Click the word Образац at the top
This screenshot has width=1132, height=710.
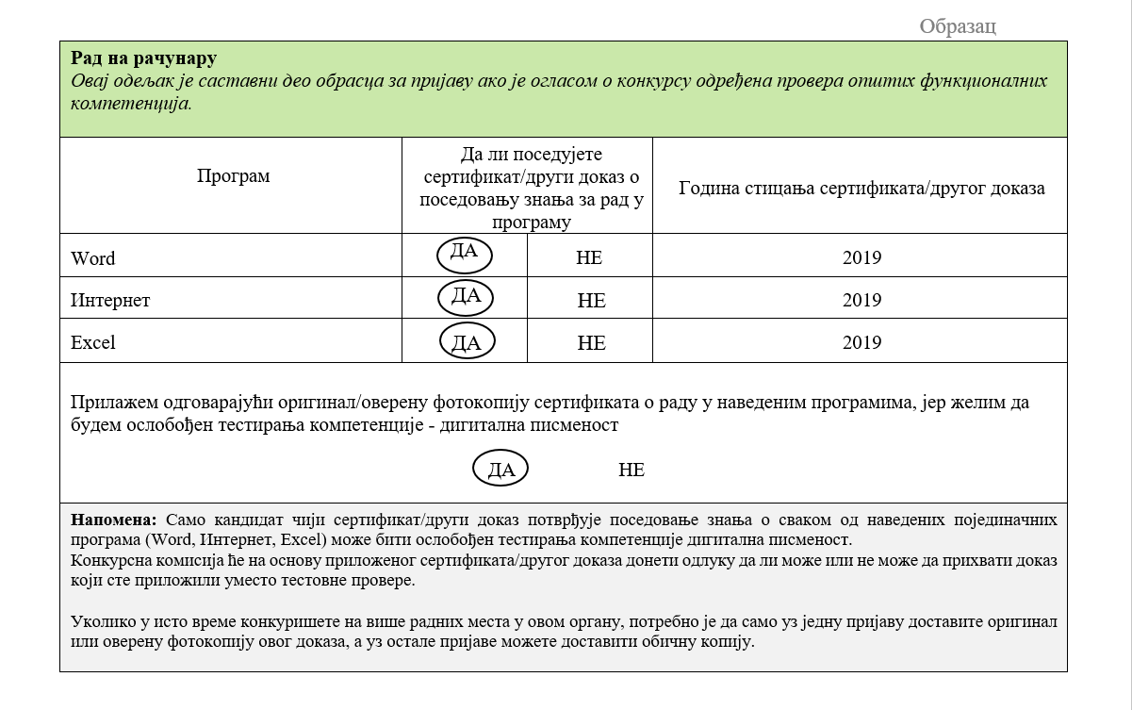957,26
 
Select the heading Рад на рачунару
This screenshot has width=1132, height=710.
143,59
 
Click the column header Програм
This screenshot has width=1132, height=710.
233,176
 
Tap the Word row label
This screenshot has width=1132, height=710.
93,258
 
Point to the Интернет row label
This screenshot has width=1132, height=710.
110,301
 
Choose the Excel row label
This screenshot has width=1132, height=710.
93,343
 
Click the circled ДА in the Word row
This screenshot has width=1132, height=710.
465,253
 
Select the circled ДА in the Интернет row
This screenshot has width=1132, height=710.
466,297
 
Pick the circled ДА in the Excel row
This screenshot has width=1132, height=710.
467,341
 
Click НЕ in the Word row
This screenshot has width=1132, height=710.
589,258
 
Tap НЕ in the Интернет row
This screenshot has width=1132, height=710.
591,301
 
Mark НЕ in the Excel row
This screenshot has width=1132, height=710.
591,343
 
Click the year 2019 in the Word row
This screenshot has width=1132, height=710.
861,258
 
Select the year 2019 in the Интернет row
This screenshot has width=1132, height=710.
861,301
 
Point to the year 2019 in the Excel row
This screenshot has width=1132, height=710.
861,343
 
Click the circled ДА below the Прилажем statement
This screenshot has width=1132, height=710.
500,469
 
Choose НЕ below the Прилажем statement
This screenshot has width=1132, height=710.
632,470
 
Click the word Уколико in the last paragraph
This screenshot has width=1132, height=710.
98,622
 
